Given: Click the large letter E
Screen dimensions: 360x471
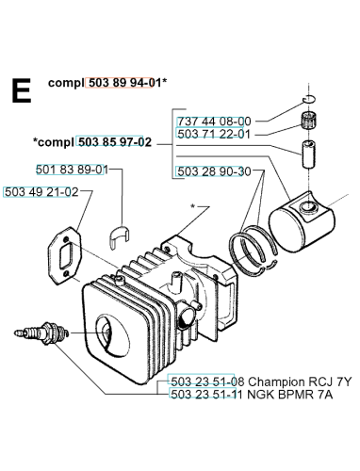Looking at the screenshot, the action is (22, 90).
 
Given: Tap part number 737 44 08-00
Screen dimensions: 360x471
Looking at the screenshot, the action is (214, 122).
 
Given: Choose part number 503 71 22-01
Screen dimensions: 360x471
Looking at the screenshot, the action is (214, 134).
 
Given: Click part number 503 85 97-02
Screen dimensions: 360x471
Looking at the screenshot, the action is (115, 142).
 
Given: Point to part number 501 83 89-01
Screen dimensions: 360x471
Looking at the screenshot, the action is (72, 170).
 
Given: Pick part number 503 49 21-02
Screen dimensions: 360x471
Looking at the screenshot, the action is (41, 192).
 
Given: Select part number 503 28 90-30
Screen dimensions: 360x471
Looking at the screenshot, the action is (214, 171).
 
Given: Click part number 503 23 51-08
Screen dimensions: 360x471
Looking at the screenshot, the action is (207, 382).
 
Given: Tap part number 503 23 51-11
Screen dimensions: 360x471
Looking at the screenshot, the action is (207, 394).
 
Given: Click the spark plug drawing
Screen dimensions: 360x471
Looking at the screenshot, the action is (41, 333).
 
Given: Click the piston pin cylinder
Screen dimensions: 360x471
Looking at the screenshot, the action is (309, 154).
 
